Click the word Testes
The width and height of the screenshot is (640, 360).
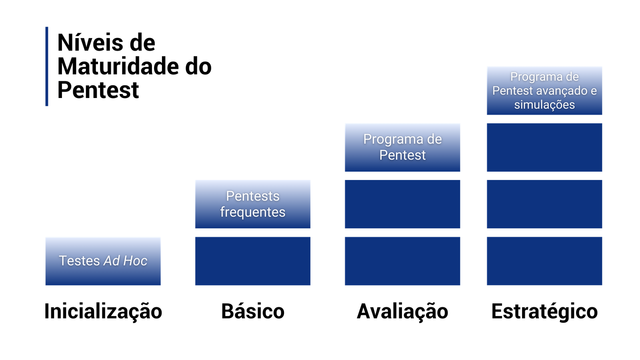coord(79,261)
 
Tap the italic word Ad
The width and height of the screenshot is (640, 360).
coord(112,261)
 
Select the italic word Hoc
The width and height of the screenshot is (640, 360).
coord(135,261)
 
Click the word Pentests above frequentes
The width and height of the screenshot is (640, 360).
coord(253,196)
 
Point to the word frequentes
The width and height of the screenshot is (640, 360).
coord(253,212)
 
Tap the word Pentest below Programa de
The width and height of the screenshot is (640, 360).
coord(402,155)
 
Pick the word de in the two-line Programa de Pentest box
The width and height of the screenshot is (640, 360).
coord(434,139)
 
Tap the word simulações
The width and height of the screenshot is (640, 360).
coord(544,105)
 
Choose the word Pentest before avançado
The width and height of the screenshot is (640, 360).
coord(512,91)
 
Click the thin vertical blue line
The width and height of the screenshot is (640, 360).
coord(47,66)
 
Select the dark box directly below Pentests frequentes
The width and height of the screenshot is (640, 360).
coord(253,261)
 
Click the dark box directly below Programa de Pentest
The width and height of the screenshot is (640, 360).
coord(402,204)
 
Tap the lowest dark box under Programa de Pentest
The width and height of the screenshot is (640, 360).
coord(402,261)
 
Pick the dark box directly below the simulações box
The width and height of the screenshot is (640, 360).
coord(544,147)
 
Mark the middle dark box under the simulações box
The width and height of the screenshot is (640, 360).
coord(544,204)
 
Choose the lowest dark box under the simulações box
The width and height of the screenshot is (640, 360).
coord(544,261)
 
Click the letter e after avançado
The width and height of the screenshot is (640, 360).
coord(594,91)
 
